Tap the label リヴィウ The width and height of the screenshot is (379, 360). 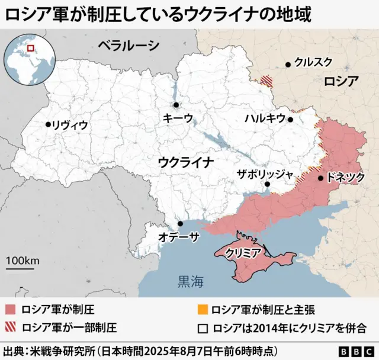click(70, 125)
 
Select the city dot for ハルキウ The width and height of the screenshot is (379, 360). click(291, 119)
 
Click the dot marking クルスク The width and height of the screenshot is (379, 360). click(288, 65)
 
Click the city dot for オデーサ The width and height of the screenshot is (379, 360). click(180, 224)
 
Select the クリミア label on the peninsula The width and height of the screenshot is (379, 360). click(243, 253)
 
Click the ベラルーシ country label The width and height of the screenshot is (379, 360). click(129, 45)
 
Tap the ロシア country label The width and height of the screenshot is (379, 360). click(341, 82)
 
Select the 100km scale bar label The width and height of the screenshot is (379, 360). click(23, 261)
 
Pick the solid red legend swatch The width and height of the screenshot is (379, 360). click(11, 310)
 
